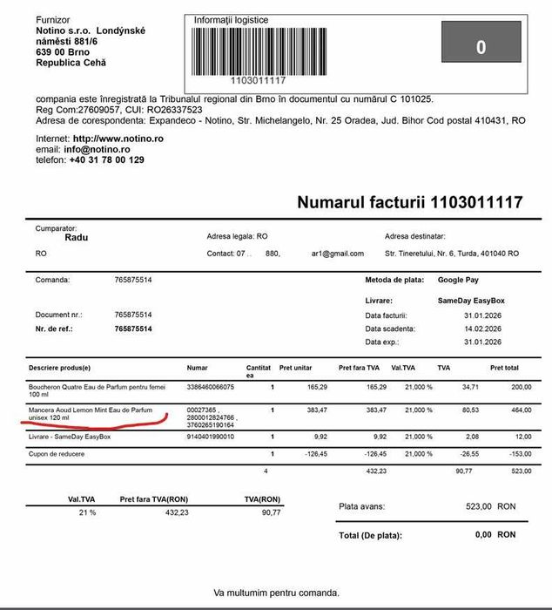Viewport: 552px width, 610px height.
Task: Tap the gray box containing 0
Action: pos(481,47)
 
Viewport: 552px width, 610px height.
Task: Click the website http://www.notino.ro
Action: pos(118,139)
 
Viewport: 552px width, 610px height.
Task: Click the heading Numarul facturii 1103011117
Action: pos(409,202)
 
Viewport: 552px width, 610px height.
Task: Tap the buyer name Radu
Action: pos(77,237)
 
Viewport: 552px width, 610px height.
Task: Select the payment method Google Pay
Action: pos(462,281)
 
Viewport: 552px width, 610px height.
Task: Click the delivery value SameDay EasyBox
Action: pos(471,301)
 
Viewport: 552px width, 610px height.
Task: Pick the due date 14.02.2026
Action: pos(482,329)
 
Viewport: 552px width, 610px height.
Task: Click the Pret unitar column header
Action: pos(297,369)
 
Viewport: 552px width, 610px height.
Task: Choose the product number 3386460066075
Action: pos(211,386)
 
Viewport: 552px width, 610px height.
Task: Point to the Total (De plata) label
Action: pos(374,535)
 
